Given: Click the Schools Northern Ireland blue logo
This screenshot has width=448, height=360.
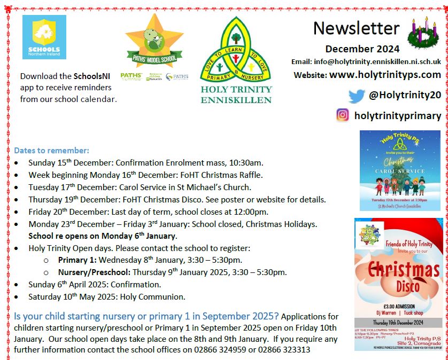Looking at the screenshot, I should (x=44, y=37).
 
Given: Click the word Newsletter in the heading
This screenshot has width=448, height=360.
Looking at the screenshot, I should (x=356, y=28).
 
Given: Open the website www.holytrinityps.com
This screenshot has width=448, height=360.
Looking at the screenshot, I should (x=385, y=75).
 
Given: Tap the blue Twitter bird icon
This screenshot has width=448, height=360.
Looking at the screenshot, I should (x=356, y=96).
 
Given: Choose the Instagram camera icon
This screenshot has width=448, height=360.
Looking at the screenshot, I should (x=343, y=115).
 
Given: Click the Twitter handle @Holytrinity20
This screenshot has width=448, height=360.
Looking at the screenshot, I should (x=405, y=96).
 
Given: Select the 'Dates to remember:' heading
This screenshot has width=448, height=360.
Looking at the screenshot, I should (x=51, y=151).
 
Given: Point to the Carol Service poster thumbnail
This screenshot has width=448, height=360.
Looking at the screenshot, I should (x=400, y=170).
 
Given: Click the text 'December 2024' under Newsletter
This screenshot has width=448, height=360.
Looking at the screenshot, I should (x=362, y=49).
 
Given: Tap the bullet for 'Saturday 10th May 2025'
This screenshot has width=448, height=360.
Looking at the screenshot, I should (x=19, y=297).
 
